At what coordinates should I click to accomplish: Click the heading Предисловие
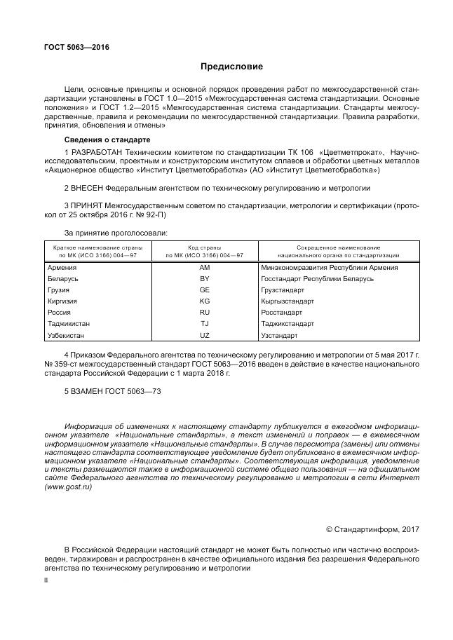click(231, 67)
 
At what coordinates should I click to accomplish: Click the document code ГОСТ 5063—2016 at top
click(77, 48)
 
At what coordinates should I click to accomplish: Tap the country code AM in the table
click(204, 268)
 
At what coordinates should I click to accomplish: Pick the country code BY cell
click(204, 279)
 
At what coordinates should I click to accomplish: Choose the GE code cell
click(204, 290)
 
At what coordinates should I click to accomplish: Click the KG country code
click(204, 301)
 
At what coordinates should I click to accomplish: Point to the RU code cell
click(204, 313)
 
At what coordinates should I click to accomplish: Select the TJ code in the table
click(204, 324)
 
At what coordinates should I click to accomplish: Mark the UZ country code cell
click(204, 335)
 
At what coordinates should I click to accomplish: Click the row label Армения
click(62, 268)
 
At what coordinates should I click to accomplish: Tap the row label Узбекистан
click(68, 335)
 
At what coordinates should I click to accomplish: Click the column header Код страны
click(204, 248)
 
